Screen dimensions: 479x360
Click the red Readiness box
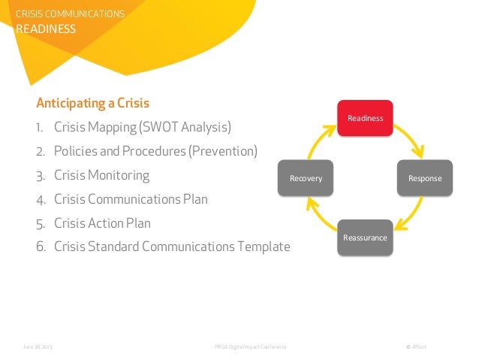365,118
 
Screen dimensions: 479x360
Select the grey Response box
425,178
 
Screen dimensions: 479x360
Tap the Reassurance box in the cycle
365,237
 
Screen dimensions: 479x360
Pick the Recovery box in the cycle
306,178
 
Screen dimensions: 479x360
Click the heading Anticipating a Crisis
93,103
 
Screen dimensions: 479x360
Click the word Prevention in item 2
221,151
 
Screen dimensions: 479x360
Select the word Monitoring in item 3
119,176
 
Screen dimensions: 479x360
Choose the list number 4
39,200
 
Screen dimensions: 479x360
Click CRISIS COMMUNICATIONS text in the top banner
71,14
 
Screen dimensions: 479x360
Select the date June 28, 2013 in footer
38,346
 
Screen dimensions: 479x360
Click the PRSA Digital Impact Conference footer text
249,346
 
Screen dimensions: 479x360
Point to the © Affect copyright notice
415,346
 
